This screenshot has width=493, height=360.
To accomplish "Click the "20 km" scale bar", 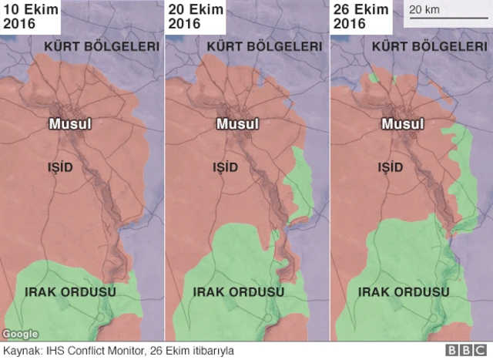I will (444, 13).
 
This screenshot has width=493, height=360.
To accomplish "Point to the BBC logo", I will (467, 350).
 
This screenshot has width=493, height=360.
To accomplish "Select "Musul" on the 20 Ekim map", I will (237, 123).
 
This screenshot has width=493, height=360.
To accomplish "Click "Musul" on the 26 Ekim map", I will (403, 123).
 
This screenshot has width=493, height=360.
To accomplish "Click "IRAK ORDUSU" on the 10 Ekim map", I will (71, 291).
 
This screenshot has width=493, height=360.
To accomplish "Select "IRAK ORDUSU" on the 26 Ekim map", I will (403, 291).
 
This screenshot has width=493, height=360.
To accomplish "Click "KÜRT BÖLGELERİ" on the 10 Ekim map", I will (102, 47).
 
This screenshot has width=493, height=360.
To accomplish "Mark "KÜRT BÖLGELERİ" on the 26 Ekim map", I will (431, 47).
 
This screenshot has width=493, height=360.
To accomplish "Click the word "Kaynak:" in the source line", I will (22, 351).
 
